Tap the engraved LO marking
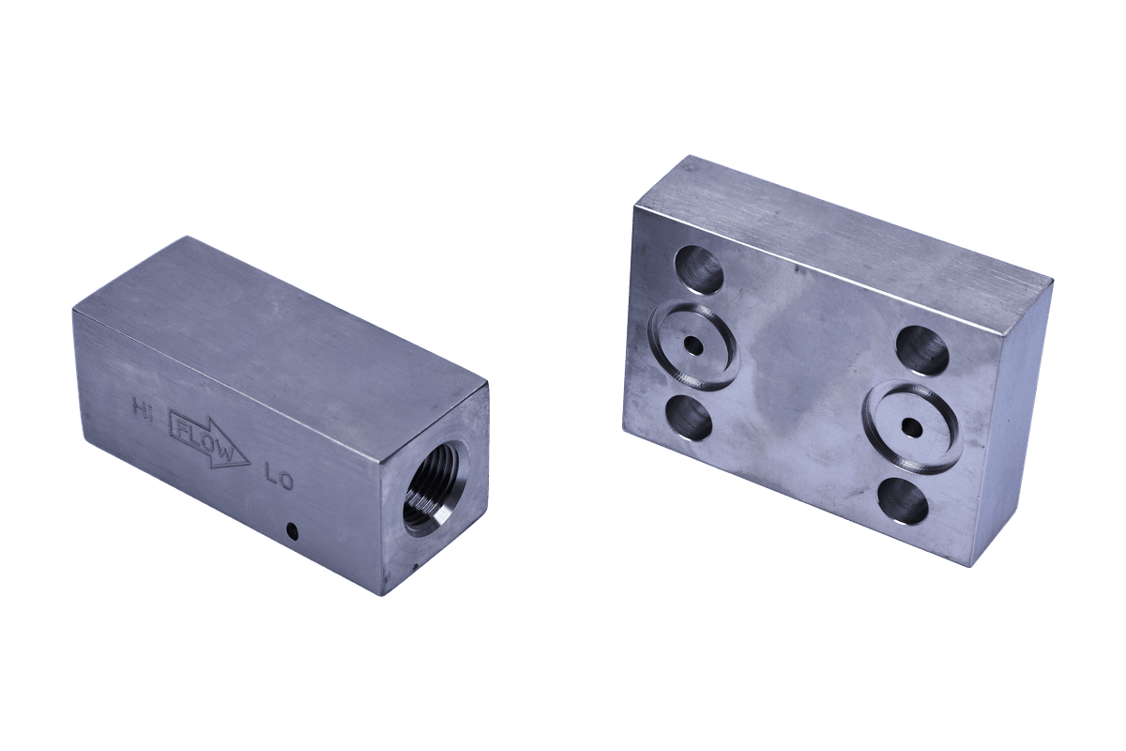click(279, 480)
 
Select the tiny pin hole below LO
click(292, 529)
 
